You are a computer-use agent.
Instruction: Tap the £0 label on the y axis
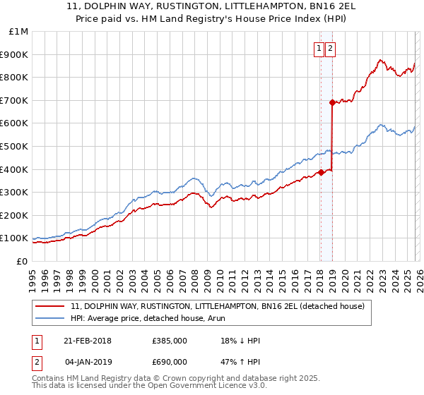22,261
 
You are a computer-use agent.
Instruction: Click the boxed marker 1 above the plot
319,49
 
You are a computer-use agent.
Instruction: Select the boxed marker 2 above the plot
330,49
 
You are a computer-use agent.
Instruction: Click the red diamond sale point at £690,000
331,102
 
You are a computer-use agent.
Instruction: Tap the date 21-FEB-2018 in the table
88,341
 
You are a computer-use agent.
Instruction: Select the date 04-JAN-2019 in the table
88,362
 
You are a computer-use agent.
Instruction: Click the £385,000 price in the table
170,341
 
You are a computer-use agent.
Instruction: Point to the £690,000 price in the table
170,362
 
